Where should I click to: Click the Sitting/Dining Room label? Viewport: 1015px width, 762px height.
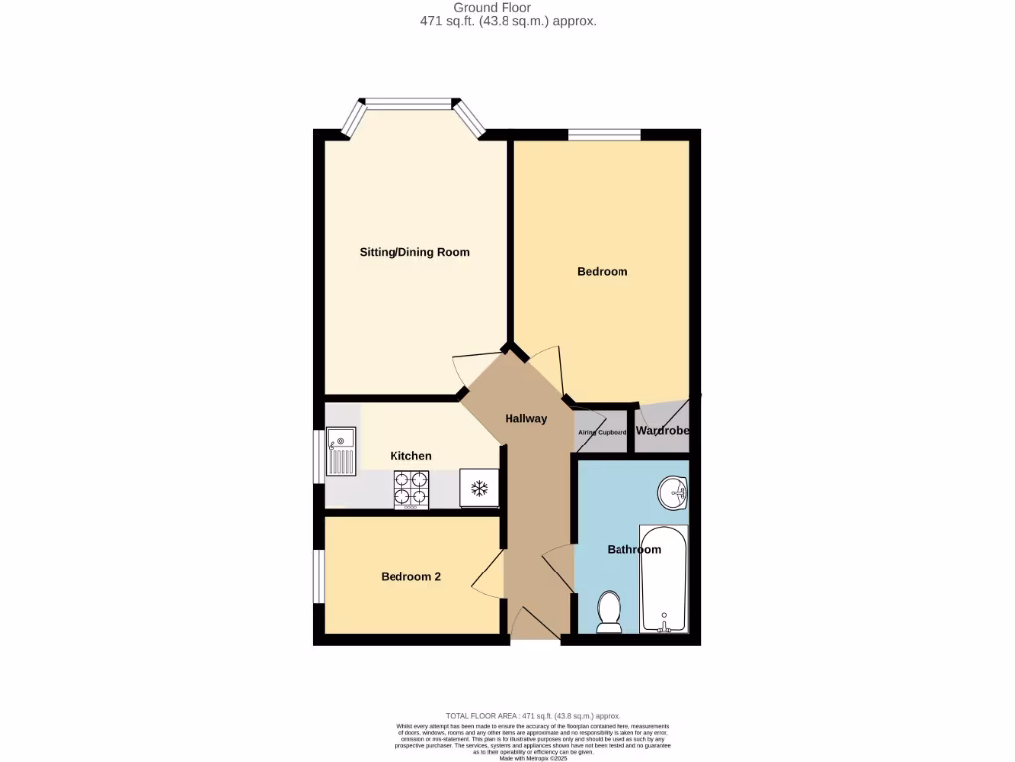coord(414,252)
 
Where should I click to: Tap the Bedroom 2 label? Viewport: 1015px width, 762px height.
coord(410,577)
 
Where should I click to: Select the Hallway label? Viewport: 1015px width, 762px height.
coord(525,419)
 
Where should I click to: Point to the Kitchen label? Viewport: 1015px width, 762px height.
coord(410,456)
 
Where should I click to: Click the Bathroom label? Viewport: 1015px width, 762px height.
coord(633,550)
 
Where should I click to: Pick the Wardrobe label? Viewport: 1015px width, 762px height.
coord(662,432)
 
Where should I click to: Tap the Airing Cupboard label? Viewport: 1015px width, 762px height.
coord(603,433)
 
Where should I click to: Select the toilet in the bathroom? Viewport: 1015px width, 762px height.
coord(609,611)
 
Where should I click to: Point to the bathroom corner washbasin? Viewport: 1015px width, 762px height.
coord(675,491)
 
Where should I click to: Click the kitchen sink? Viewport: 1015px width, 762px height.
coord(341,451)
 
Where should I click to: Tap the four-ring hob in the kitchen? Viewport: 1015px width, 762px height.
coord(411,488)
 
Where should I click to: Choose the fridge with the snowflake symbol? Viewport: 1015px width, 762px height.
coord(479,488)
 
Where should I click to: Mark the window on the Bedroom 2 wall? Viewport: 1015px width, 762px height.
coord(318,575)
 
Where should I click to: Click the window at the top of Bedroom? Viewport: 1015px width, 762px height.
coord(604,134)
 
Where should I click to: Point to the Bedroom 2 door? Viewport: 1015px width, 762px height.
coord(486,576)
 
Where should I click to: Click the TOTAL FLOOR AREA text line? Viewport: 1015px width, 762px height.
coord(532,715)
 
